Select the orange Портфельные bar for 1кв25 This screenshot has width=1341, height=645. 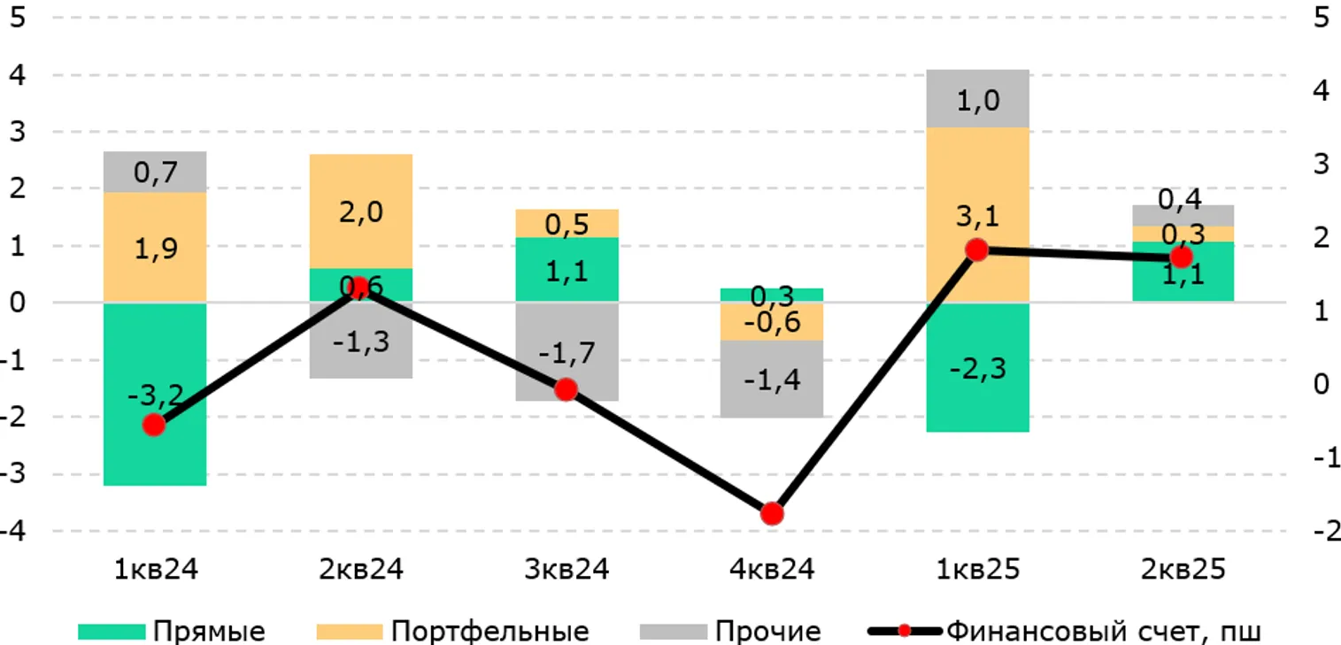click(977, 177)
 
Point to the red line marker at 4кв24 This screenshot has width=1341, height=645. click(772, 514)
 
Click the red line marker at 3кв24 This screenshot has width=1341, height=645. click(566, 389)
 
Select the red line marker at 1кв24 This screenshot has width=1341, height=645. click(154, 426)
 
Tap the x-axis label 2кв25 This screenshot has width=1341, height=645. click(1183, 569)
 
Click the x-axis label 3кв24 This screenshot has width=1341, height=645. click(566, 569)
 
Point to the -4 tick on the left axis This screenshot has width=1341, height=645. click(16, 532)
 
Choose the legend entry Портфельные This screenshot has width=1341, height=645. click(489, 632)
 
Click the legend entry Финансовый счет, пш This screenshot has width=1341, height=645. click(1102, 632)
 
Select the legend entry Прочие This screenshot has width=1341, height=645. click(767, 632)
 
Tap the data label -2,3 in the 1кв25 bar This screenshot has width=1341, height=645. click(977, 368)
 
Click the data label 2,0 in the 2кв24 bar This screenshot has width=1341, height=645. click(361, 212)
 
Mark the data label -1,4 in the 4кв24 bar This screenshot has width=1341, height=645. click(772, 381)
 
